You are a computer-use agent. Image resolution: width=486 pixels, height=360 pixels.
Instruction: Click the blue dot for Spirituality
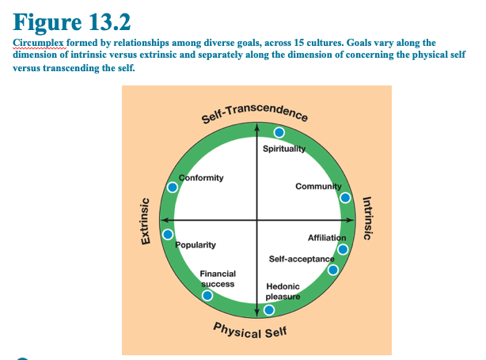(x=279, y=133)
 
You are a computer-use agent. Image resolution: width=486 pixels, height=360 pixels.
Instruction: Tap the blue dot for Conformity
(x=173, y=188)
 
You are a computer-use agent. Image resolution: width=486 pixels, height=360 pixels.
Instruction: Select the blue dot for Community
(x=345, y=198)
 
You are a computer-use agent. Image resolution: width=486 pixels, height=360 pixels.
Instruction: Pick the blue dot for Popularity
(x=168, y=234)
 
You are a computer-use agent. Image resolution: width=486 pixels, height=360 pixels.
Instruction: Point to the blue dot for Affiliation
(x=343, y=249)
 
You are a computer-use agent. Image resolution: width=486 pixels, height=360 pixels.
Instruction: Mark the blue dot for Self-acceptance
(x=333, y=270)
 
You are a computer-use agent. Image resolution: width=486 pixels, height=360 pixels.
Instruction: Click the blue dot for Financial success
(x=207, y=295)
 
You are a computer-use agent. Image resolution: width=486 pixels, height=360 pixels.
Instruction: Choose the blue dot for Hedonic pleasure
(x=269, y=310)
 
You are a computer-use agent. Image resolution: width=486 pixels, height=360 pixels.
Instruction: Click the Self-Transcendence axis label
(x=254, y=113)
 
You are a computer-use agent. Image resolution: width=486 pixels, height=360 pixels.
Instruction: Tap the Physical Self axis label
(x=250, y=331)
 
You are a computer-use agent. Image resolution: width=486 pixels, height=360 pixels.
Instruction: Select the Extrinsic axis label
(x=146, y=222)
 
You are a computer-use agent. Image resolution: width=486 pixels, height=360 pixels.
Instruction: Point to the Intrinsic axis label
(x=367, y=218)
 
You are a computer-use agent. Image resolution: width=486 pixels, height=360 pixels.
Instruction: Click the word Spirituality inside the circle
(x=284, y=149)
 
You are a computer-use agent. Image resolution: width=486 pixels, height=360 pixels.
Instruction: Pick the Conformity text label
(x=201, y=178)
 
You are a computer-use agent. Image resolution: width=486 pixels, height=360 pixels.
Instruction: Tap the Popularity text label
(x=196, y=244)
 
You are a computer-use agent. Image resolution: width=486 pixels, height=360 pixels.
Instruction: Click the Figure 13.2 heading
(x=72, y=22)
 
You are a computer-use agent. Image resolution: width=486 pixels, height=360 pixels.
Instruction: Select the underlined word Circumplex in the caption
(x=39, y=43)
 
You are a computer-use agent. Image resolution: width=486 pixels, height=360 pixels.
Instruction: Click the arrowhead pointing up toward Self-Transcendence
(x=256, y=127)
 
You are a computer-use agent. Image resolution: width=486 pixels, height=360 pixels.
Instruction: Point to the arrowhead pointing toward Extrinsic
(x=165, y=220)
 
